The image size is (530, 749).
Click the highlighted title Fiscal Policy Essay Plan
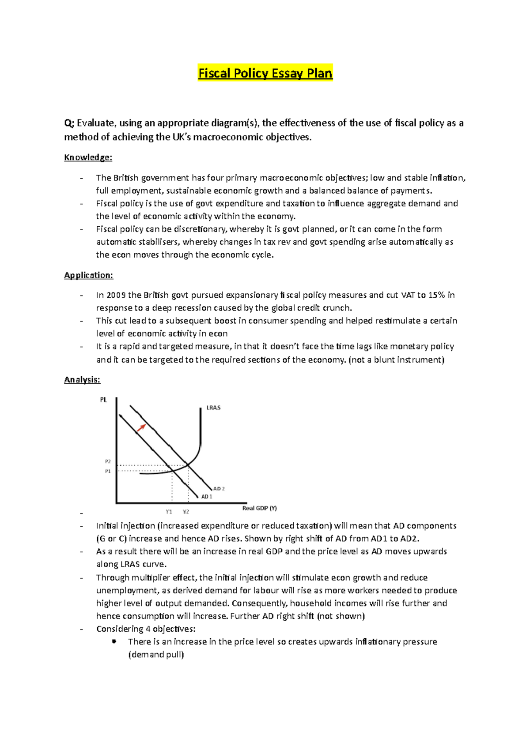265,73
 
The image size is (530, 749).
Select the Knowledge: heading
88,157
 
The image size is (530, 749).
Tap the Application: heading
88,275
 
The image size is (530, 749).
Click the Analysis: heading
82,380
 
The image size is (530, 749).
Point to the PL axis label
103,400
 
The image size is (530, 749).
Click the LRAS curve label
213,408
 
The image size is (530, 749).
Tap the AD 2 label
219,489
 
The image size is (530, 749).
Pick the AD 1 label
207,497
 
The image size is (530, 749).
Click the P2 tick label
108,461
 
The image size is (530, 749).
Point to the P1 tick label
108,471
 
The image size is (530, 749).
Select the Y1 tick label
169,512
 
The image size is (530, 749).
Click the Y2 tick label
186,512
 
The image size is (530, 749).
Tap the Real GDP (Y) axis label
259,508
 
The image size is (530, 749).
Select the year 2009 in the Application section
116,295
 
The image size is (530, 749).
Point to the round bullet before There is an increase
114,641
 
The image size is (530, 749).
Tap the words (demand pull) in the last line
156,655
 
